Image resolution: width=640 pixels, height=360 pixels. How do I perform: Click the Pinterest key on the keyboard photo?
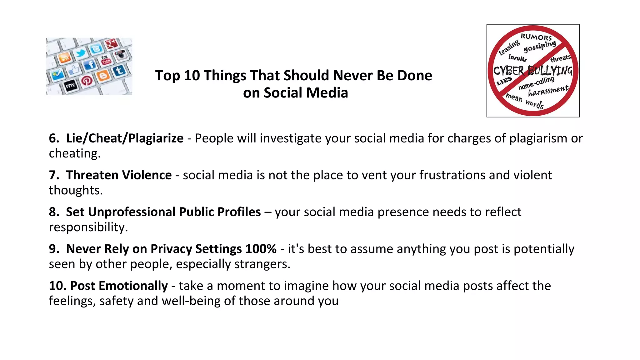[87, 81]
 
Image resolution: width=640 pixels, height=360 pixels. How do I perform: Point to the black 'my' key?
[70, 85]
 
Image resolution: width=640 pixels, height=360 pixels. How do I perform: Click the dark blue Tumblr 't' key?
[119, 71]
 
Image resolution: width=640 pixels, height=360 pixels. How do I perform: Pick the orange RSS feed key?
[65, 58]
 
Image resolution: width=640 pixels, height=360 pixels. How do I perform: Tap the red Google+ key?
[112, 44]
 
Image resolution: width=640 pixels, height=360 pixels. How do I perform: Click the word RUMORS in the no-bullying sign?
[536, 37]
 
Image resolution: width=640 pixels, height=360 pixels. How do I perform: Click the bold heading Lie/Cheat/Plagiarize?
[125, 138]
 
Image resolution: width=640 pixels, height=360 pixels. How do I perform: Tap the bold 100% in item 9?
[261, 249]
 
